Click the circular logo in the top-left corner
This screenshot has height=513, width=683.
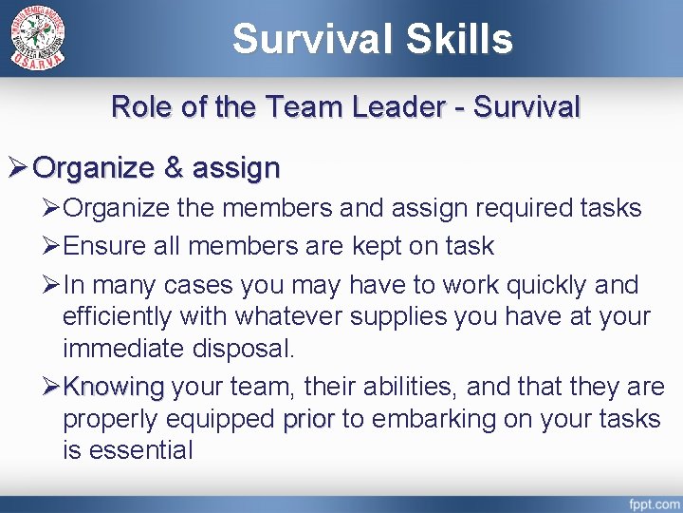(39, 38)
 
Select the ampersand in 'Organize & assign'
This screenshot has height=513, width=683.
(174, 168)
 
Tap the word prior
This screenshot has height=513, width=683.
(308, 419)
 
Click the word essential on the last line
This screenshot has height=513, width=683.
(140, 450)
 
